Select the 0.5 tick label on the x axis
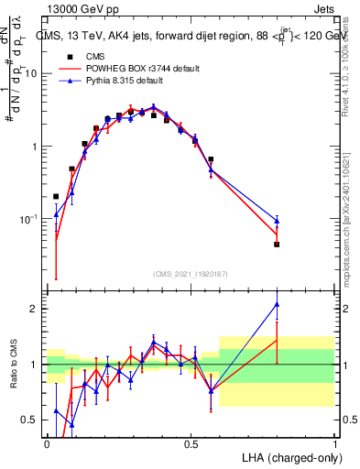[x=191, y=442]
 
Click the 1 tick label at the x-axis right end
[x=334, y=442]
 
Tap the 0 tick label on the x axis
[x=47, y=442]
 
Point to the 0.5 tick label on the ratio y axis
[x=31, y=420]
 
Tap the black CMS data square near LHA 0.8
[x=277, y=245]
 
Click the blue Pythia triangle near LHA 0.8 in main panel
[x=277, y=220]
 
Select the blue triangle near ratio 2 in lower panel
[x=277, y=304]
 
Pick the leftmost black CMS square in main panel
[x=56, y=196]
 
